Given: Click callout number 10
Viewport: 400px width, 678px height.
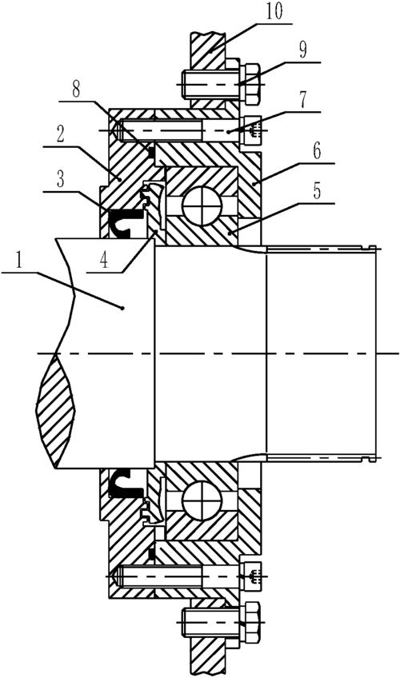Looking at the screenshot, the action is (274, 11).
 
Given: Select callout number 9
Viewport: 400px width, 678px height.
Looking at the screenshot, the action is (302, 50).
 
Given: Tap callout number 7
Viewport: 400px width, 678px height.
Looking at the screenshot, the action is (302, 99).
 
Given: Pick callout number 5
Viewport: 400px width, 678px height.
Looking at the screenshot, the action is (317, 191).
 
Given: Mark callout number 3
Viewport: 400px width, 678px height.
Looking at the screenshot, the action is (60, 179).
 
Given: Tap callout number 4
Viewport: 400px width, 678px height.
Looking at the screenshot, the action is (104, 261).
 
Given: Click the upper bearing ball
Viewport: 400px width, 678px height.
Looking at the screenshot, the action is (202, 205).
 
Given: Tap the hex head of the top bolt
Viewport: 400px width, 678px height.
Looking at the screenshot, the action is (250, 83).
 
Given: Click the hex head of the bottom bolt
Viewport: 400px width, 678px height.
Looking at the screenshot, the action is (250, 622).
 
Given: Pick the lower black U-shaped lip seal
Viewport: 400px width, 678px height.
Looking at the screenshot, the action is (126, 484).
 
